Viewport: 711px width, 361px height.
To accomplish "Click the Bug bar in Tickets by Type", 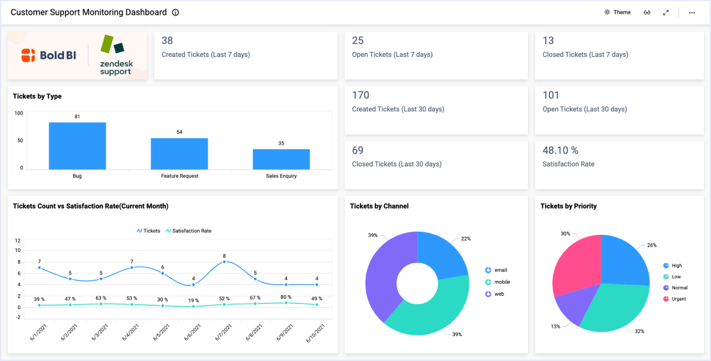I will (x=77, y=146).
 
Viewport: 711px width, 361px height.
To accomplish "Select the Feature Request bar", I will (x=179, y=154).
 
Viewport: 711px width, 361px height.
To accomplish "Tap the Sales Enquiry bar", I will (x=281, y=159).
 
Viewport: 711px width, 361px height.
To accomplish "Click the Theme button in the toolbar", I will (x=617, y=12).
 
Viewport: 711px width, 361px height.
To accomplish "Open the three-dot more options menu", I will (x=692, y=12).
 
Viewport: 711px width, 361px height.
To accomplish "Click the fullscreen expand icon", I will (x=666, y=12).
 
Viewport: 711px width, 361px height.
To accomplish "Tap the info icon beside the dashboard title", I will (x=176, y=12).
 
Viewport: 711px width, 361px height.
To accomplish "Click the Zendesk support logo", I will (x=115, y=56).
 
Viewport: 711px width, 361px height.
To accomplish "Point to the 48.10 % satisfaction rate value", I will (x=560, y=150).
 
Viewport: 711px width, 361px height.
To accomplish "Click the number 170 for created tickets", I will (x=361, y=95).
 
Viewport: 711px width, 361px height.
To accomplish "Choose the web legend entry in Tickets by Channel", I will (x=498, y=294).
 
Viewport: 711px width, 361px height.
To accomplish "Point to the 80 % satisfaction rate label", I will (x=286, y=297).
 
